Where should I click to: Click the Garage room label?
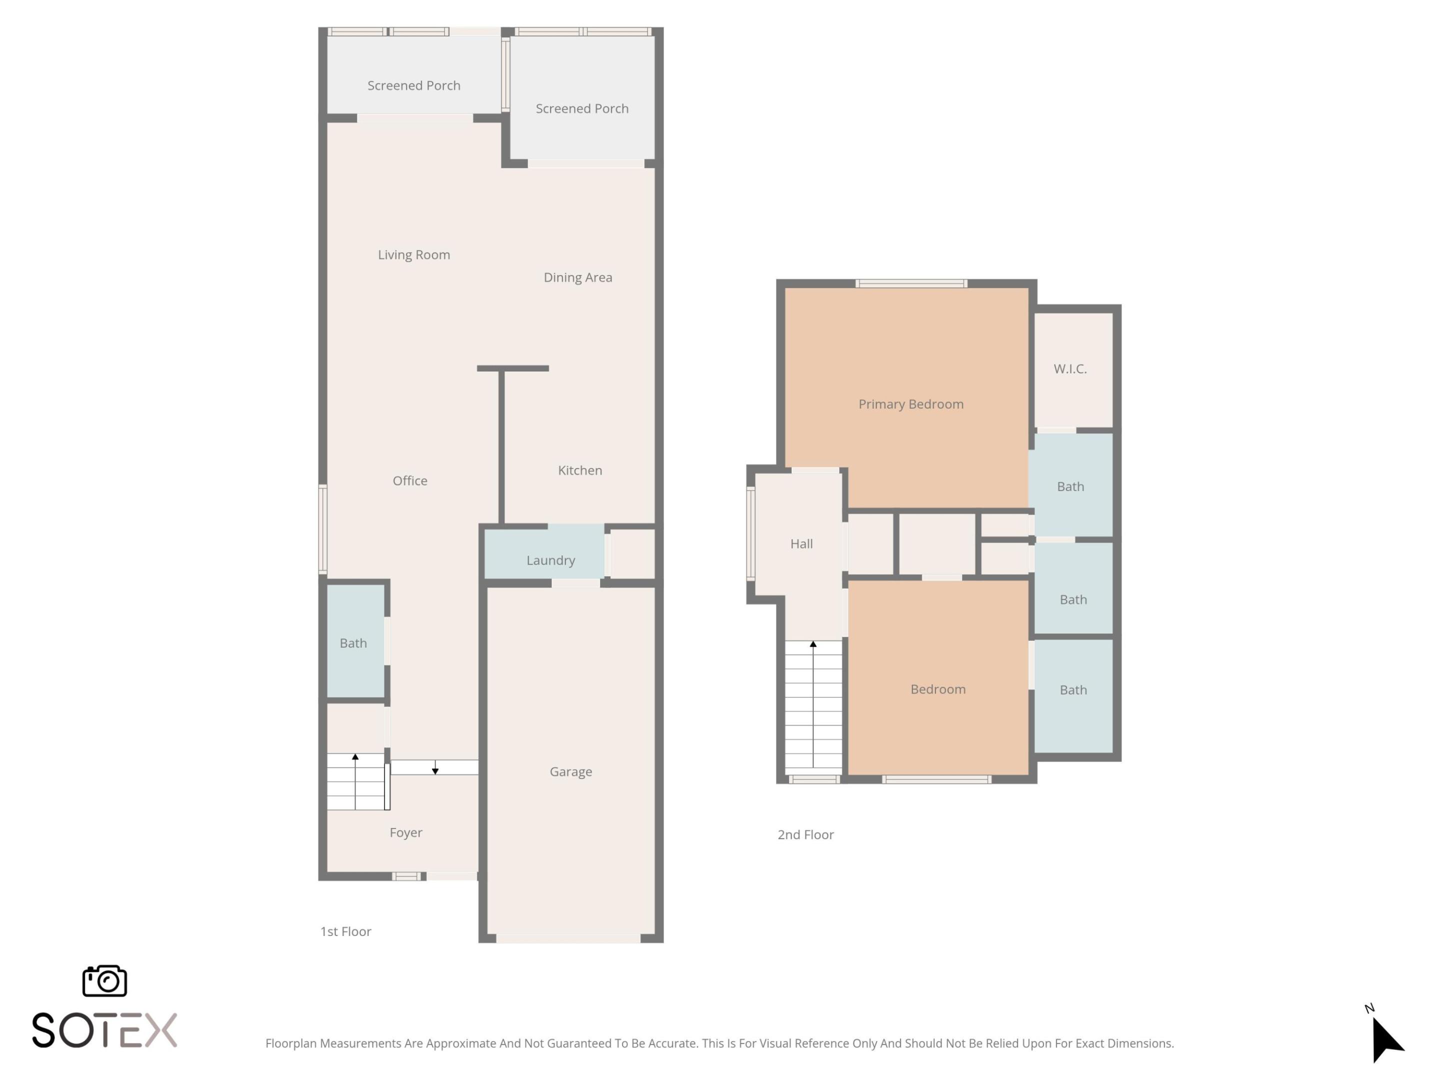tap(570, 771)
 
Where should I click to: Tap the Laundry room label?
tap(550, 560)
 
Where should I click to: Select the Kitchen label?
tap(579, 470)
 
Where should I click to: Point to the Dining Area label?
tap(577, 277)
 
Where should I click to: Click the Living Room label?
tap(413, 254)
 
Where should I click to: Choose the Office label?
tap(409, 480)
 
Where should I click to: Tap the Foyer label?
tap(405, 832)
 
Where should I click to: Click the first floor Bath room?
tap(353, 642)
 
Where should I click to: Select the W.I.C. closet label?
tap(1069, 368)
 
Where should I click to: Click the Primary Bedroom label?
tap(910, 403)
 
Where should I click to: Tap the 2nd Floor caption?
tap(805, 834)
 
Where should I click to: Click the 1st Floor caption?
tap(345, 931)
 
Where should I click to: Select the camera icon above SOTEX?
tap(104, 980)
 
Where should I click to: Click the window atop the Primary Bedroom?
tap(910, 283)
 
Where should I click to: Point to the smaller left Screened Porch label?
tap(413, 85)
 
